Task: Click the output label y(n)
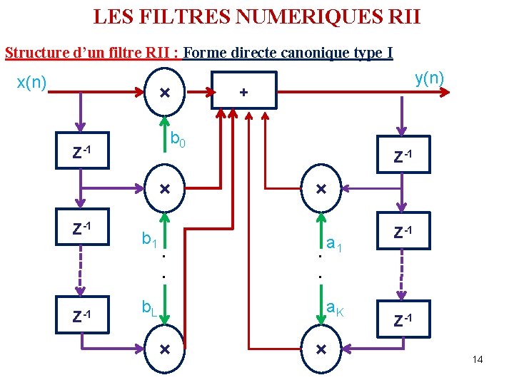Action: [430, 78]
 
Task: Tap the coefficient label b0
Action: [178, 140]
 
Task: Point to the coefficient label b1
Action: [149, 239]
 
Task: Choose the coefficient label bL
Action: [149, 308]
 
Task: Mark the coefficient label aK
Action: [335, 308]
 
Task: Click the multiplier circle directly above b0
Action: [164, 93]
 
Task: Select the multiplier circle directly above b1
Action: [164, 190]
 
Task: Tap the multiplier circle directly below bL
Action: [164, 349]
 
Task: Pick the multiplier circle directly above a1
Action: [321, 190]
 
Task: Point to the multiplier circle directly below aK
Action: [321, 349]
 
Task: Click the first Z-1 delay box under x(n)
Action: [83, 151]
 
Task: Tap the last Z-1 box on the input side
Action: [83, 316]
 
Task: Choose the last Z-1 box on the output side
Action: [404, 319]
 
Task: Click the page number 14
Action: [478, 359]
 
